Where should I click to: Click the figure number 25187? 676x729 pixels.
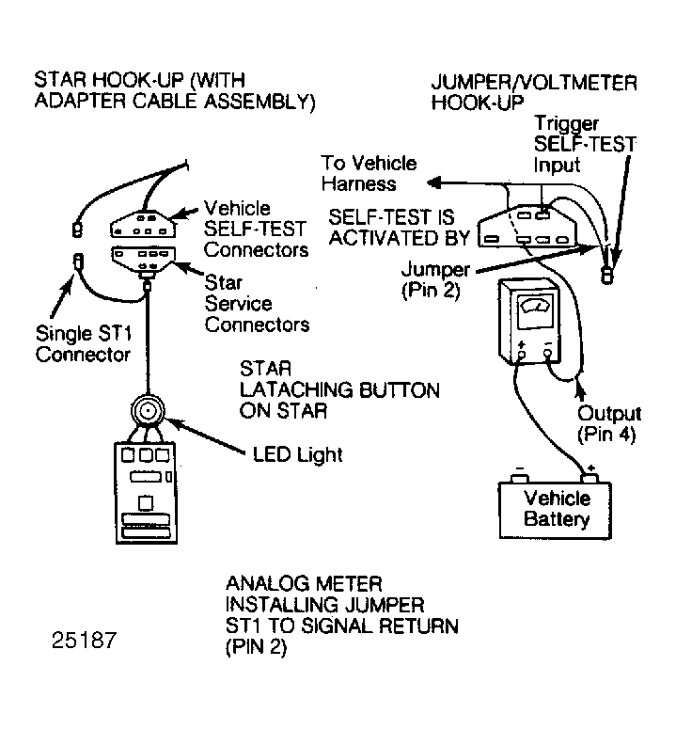point(84,641)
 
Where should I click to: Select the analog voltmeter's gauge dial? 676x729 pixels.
point(536,306)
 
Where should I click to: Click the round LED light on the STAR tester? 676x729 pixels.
point(148,411)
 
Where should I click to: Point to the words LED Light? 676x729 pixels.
point(297,454)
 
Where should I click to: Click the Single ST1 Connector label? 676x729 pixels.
point(84,344)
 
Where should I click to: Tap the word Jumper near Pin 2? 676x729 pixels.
point(436,270)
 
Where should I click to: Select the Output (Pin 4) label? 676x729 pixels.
point(609,423)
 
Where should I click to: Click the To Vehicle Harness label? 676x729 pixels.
point(369,173)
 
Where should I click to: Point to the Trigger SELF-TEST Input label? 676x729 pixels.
point(585,144)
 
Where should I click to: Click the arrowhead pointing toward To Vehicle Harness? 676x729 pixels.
point(434,182)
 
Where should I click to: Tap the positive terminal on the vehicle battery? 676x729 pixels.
point(590,477)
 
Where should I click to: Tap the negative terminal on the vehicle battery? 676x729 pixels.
point(519,478)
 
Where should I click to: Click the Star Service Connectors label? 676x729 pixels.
point(257,304)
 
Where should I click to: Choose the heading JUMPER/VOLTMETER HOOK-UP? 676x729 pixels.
point(534,92)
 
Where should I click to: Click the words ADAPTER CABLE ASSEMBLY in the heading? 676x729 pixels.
point(175,101)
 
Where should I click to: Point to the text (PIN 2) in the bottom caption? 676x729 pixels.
point(256,647)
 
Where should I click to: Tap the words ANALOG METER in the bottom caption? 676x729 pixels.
point(304,583)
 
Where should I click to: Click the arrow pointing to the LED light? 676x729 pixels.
point(205,436)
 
